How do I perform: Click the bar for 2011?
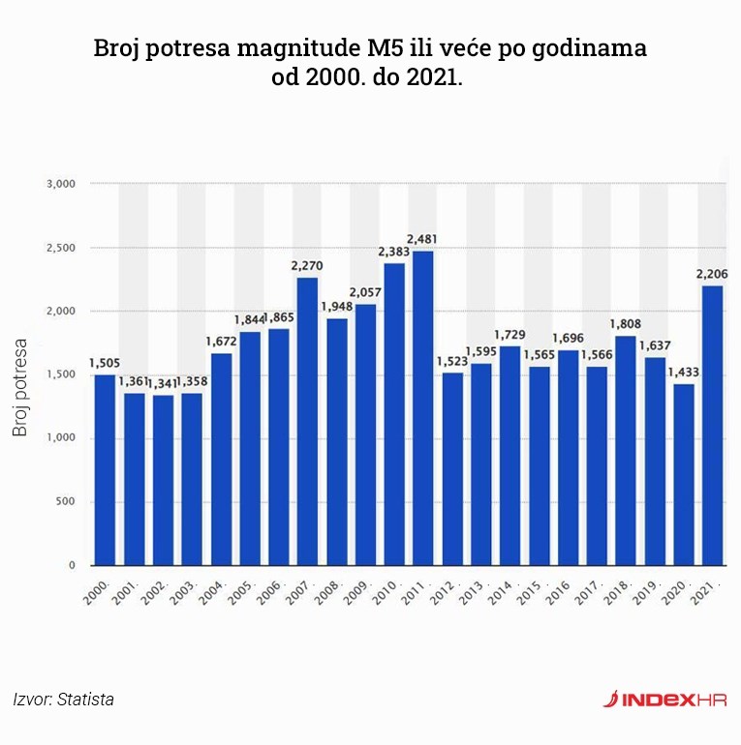coord(422,408)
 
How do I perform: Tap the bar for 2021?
coord(712,426)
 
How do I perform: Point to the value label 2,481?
coord(422,239)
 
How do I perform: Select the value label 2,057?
coord(365,292)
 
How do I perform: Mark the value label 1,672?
coord(221,341)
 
